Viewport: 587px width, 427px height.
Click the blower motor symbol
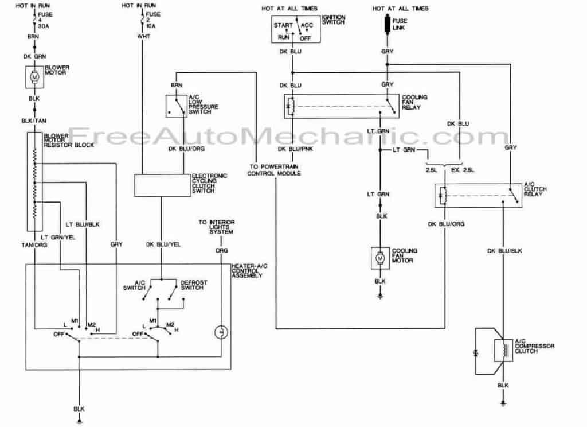pos(34,77)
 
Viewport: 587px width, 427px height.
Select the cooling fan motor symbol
pos(380,258)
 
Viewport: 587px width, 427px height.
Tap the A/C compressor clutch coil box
pos(503,351)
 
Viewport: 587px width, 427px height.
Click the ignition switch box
pos(296,29)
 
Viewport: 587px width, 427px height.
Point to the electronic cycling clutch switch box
pos(162,185)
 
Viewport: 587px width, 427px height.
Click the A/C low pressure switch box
pos(177,106)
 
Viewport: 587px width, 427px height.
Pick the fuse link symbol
pos(387,25)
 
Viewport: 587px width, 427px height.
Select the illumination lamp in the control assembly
pos(221,332)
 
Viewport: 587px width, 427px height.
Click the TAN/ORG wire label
pos(34,245)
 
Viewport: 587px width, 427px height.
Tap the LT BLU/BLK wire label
pos(83,224)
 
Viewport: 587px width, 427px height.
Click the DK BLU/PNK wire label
pos(295,149)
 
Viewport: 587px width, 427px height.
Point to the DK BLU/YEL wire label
pos(163,244)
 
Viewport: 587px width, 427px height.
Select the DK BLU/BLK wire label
pos(504,250)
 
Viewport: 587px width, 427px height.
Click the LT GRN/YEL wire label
pos(58,237)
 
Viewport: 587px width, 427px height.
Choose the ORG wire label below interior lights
pos(222,250)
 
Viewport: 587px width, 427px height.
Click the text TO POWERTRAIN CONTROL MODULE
pos(274,170)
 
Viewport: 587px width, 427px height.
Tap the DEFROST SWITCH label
pos(194,285)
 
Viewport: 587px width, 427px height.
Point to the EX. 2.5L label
pos(463,170)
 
